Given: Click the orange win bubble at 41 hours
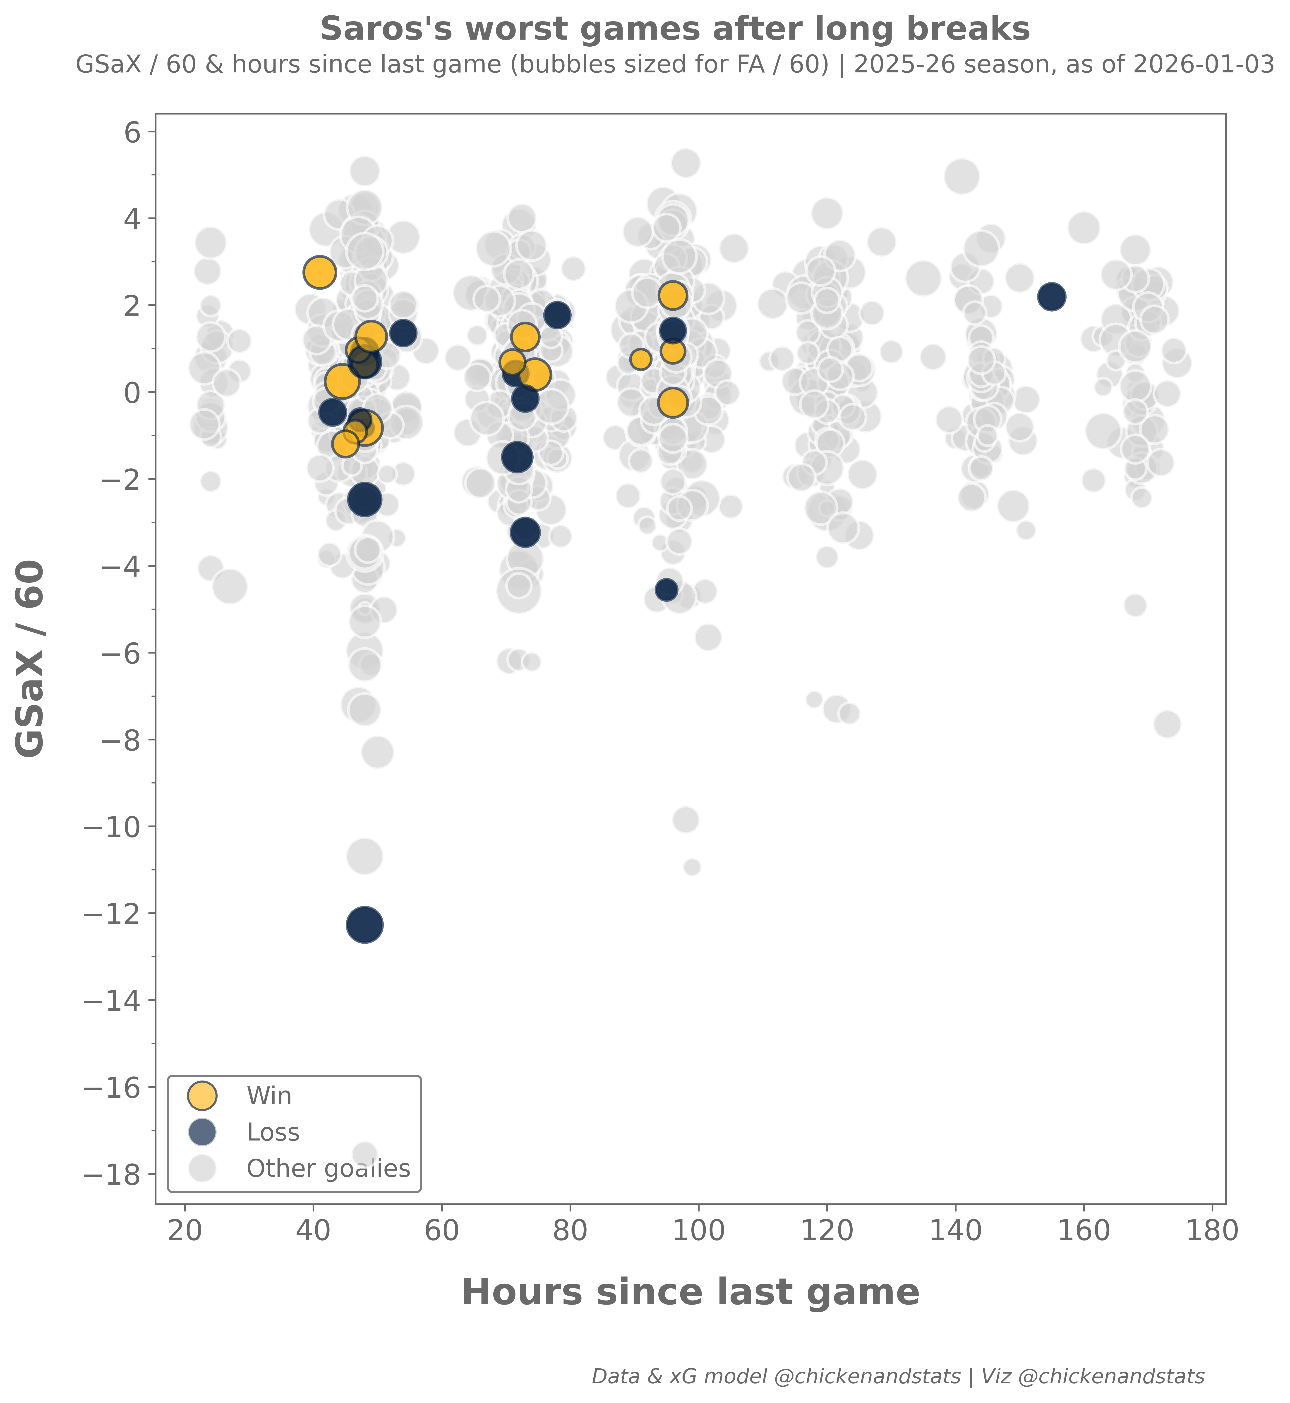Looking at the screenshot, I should pos(320,272).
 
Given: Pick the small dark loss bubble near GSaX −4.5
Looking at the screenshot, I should pos(667,589).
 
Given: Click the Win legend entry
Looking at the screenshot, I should pos(269,1096).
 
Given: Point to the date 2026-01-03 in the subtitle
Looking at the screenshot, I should pos(1203,65).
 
